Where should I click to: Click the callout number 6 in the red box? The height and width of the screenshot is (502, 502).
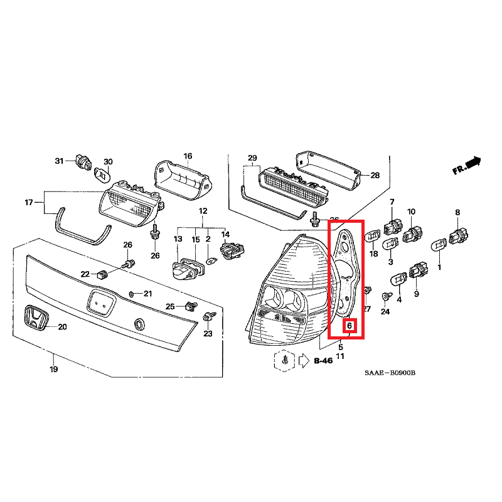350,326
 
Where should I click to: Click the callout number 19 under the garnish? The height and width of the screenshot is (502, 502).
54,369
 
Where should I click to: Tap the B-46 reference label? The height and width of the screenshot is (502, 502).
323,361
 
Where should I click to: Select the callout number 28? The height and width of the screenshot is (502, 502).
375,175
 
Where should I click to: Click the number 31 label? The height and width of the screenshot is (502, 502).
60,161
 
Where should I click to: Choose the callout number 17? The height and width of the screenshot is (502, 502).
28,202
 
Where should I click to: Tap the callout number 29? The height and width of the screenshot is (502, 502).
252,157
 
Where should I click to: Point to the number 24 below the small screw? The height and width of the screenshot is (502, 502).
385,312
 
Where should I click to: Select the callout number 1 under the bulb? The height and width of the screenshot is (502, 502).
439,267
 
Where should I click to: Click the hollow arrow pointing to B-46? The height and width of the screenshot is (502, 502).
304,361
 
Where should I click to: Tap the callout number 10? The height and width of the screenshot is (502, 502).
412,211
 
